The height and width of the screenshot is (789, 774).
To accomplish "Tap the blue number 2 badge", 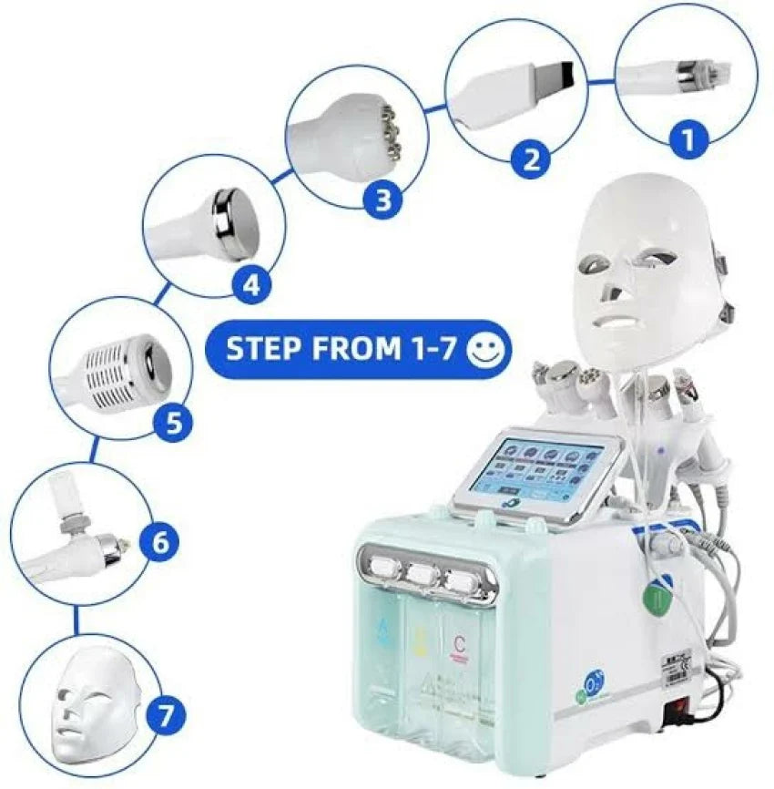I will click(x=530, y=159).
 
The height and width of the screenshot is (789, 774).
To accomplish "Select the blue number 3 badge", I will click(x=382, y=200).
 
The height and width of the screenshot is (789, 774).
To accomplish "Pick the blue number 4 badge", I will click(x=250, y=286).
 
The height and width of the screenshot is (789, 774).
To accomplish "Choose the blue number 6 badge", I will click(x=159, y=543).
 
